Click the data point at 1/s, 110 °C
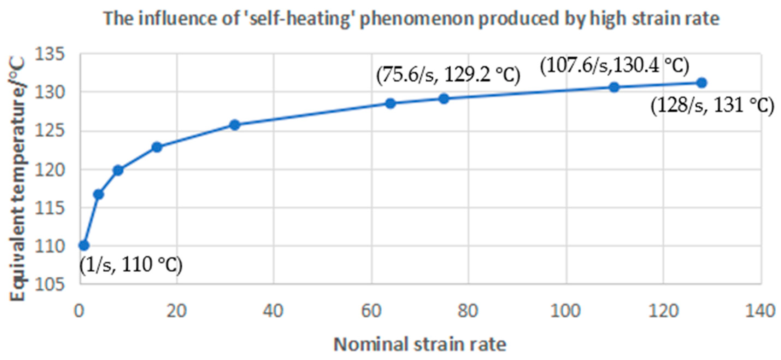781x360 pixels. click(84, 245)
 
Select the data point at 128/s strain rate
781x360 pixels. click(702, 83)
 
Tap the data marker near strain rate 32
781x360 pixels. click(235, 125)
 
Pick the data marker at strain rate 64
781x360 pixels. click(391, 103)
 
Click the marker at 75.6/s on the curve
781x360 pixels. click(444, 98)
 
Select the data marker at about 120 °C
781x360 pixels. click(118, 170)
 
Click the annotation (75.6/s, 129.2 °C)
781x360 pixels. click(448, 75)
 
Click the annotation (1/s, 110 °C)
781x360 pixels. click(131, 265)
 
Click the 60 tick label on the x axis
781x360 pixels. click(371, 311)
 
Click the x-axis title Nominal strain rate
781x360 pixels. click(420, 344)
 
